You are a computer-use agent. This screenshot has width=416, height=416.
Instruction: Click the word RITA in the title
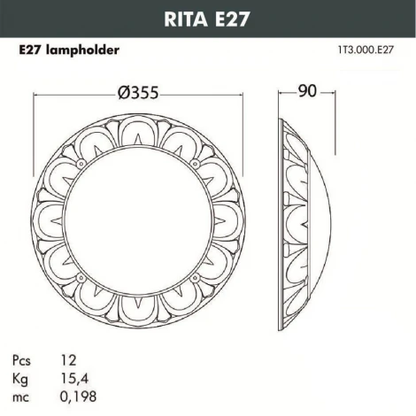tap(184, 17)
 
